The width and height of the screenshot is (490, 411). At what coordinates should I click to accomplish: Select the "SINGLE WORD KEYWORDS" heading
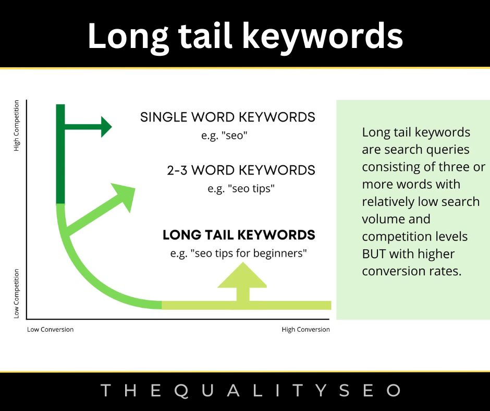(227, 117)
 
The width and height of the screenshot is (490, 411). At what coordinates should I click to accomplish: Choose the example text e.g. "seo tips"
(241, 189)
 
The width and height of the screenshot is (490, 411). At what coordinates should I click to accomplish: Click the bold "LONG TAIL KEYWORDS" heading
(239, 235)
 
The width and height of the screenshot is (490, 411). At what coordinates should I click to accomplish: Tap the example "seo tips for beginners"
(239, 253)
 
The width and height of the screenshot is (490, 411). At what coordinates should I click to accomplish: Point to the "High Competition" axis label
(17, 126)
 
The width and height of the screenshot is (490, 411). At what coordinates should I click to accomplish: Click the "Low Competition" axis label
(17, 294)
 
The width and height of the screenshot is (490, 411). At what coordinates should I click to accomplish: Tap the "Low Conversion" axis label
(50, 330)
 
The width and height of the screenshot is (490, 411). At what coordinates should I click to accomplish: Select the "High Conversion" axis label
(305, 330)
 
